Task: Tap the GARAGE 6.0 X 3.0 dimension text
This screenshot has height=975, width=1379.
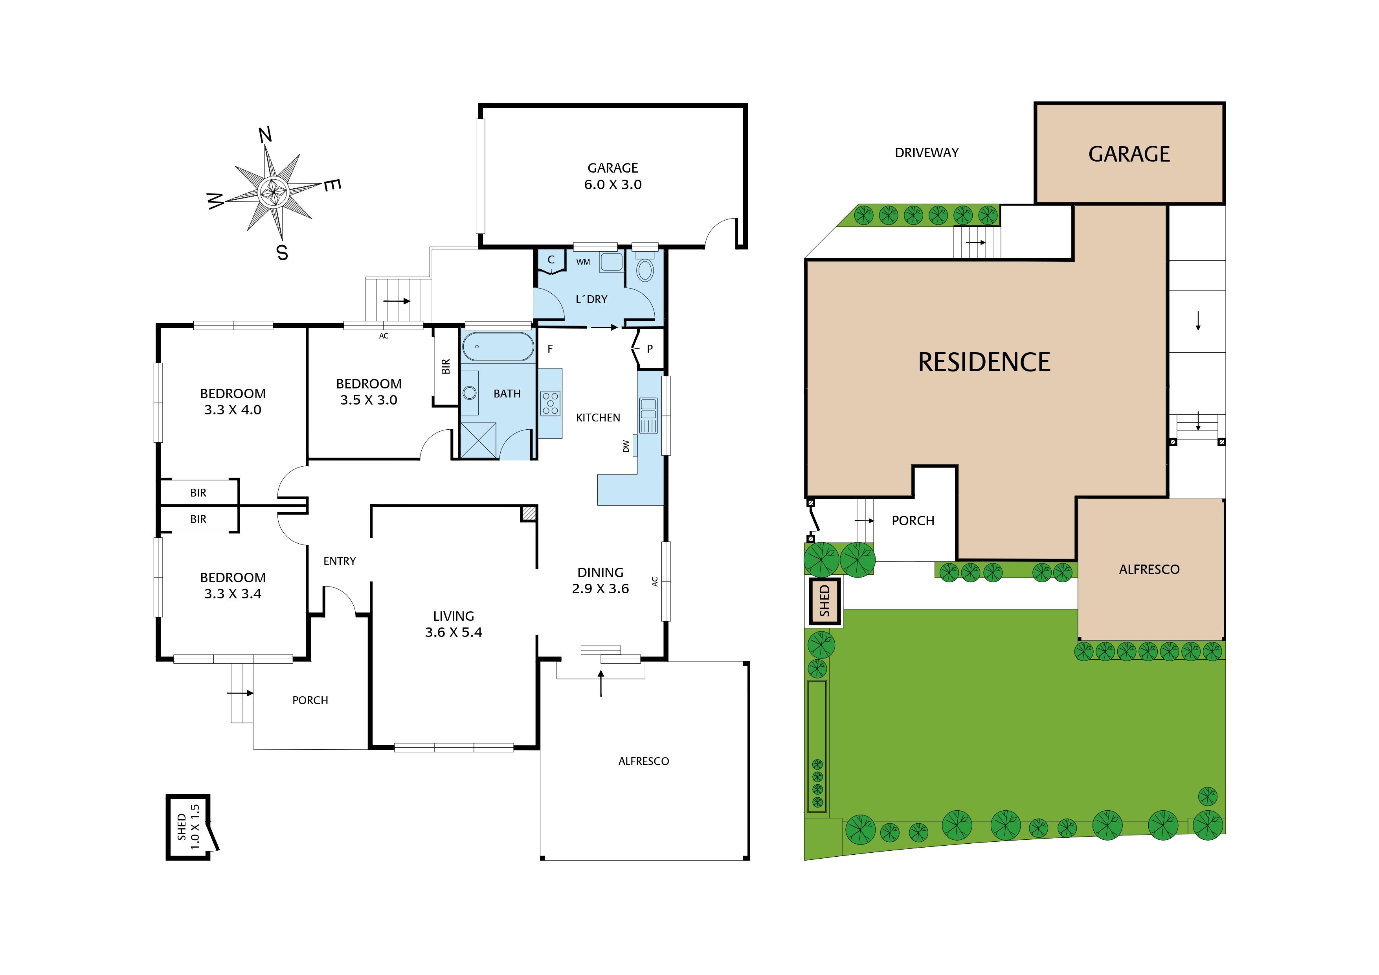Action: coord(613,176)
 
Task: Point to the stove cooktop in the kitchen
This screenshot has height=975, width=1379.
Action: coord(550,403)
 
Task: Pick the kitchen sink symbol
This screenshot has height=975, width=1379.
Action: coord(649,415)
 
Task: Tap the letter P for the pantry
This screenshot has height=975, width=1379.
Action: coord(650,348)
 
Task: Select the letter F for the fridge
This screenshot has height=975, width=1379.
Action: coord(549,348)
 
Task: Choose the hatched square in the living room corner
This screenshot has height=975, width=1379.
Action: coord(529,513)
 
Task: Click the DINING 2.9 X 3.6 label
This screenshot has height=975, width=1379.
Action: coord(600,580)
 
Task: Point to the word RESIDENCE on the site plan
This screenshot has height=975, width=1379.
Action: coord(984,362)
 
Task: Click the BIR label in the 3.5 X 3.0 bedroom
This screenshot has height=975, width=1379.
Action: coord(446,366)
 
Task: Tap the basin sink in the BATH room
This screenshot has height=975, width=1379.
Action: coord(470,393)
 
